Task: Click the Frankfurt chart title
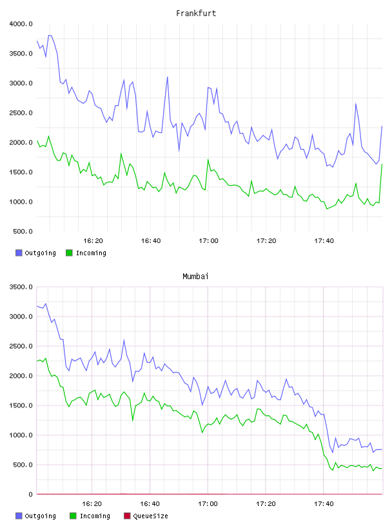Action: click(x=196, y=14)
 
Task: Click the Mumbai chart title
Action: click(x=195, y=277)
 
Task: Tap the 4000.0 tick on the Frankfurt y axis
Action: click(x=21, y=24)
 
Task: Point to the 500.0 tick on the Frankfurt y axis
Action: click(x=23, y=231)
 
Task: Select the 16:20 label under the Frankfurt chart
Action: click(x=93, y=240)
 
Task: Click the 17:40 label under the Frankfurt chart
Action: click(x=324, y=240)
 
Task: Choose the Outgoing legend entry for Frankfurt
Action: click(x=35, y=253)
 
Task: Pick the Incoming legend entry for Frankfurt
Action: click(x=86, y=253)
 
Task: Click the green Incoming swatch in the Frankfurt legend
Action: click(x=69, y=253)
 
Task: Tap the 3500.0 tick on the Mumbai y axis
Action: click(x=21, y=287)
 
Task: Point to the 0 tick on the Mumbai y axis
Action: click(x=30, y=494)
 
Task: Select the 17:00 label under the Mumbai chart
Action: click(x=208, y=503)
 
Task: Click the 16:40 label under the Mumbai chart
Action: click(x=150, y=503)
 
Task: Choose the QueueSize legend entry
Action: click(x=146, y=516)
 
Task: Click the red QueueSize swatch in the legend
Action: click(x=127, y=516)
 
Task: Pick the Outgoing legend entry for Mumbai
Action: click(x=35, y=516)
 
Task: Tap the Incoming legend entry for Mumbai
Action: click(x=90, y=516)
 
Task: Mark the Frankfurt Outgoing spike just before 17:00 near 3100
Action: click(x=168, y=77)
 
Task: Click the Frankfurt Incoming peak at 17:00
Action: click(x=208, y=160)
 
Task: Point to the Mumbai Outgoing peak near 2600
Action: click(x=124, y=340)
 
